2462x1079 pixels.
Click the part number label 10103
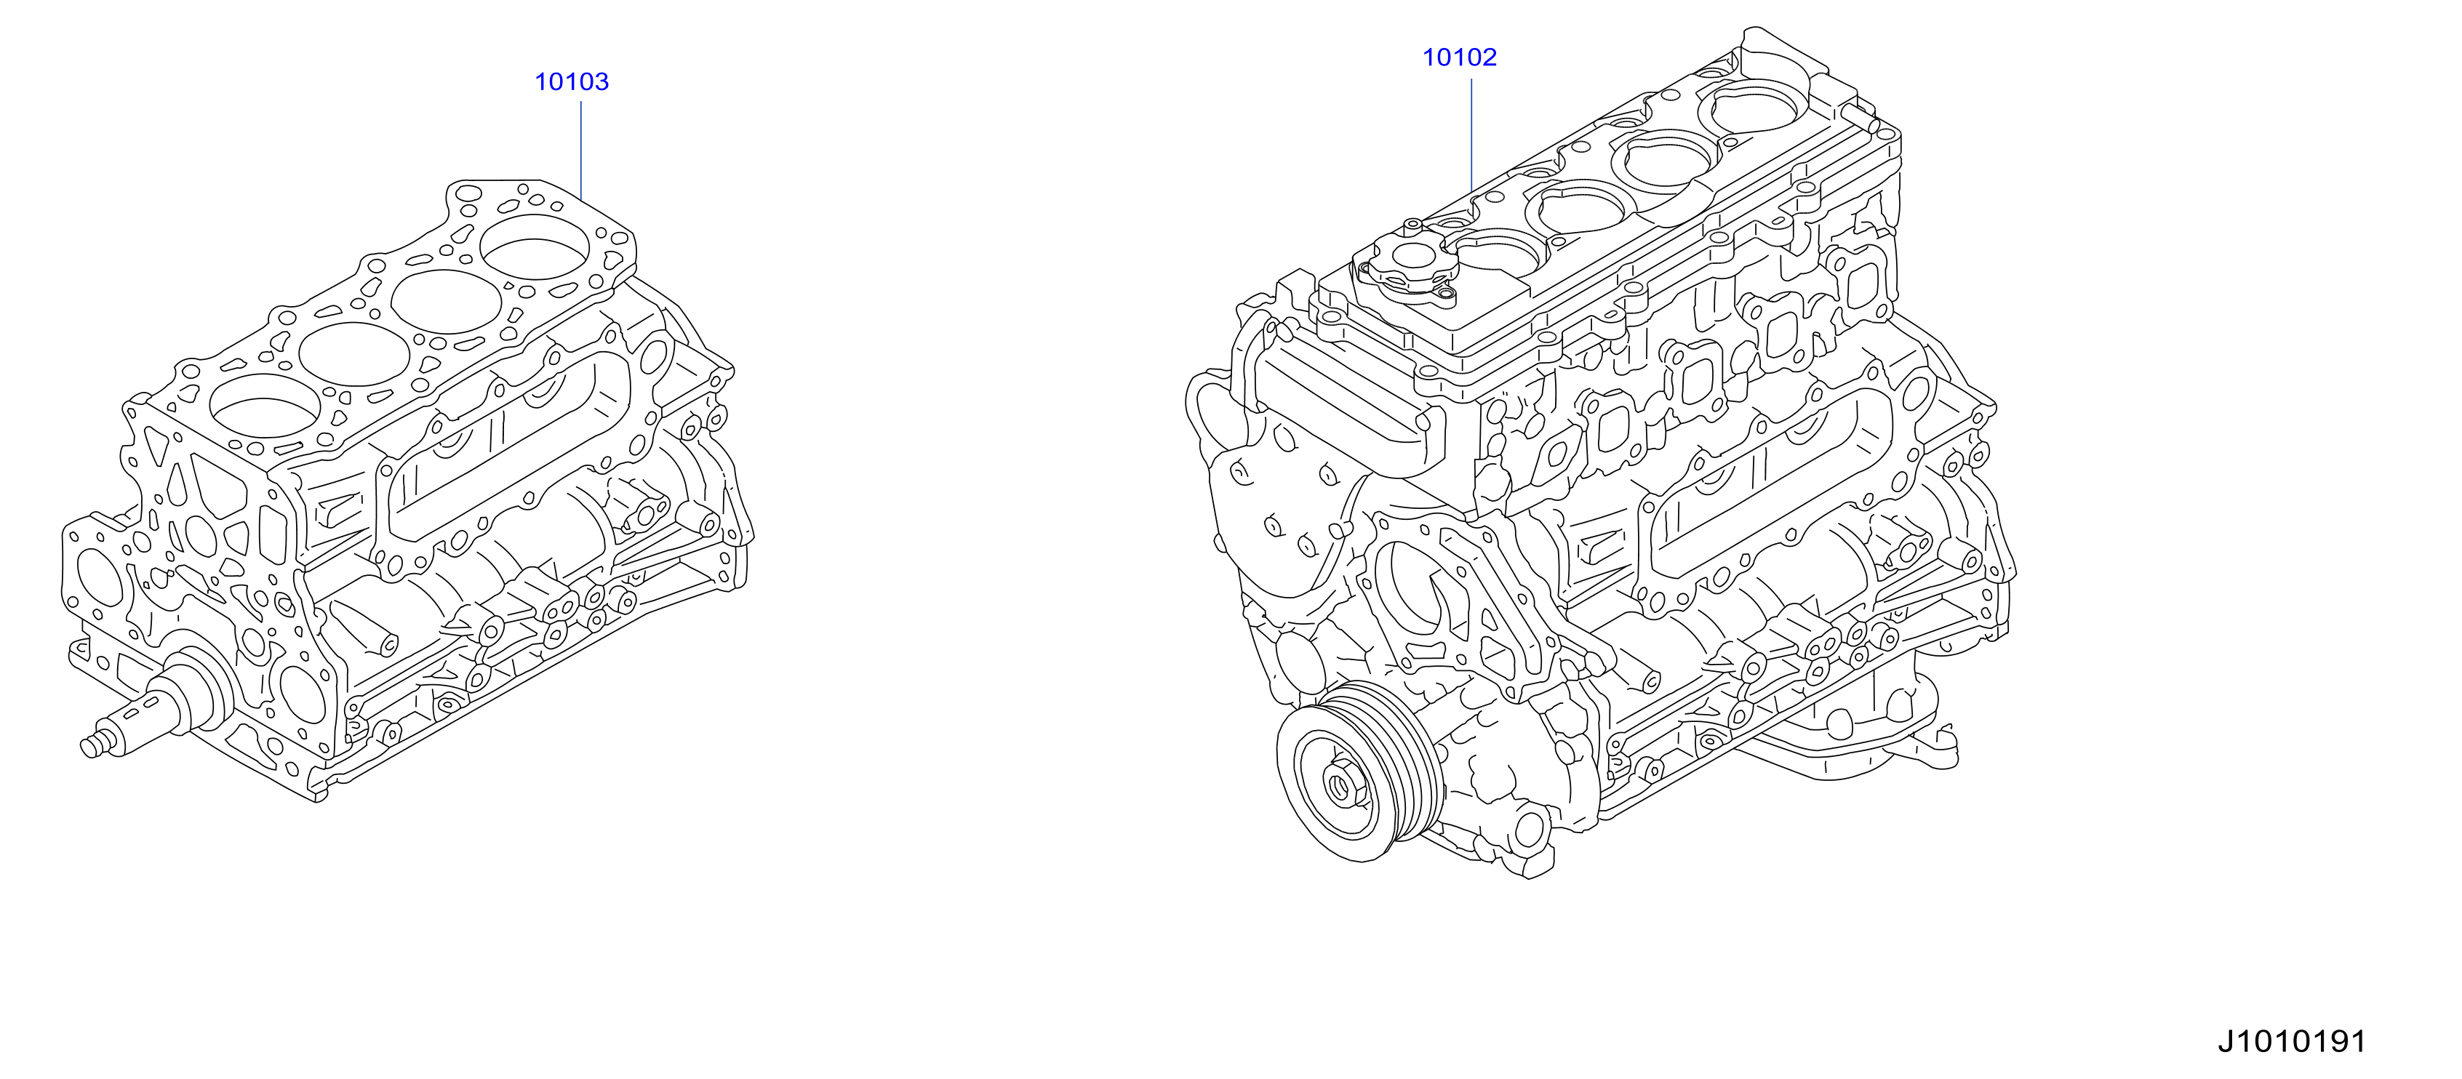tap(572, 82)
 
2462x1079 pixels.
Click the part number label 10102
tap(1460, 57)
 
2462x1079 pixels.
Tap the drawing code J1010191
tap(2291, 1040)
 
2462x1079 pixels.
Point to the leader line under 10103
tap(581, 150)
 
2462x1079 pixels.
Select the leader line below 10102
tap(1471, 135)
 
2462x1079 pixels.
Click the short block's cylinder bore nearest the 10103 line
tap(535, 247)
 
